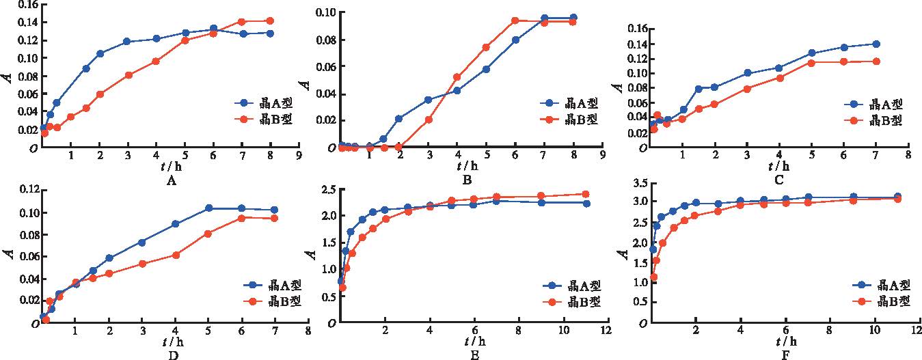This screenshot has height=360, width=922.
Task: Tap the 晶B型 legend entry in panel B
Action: click(x=570, y=119)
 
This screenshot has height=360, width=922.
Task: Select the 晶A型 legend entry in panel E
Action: click(x=573, y=286)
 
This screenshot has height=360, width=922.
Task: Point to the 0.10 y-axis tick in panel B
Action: click(x=325, y=12)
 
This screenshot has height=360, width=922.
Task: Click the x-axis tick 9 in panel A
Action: click(x=299, y=155)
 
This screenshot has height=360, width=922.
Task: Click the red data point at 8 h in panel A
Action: click(x=270, y=21)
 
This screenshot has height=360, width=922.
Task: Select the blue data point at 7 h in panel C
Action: click(x=876, y=44)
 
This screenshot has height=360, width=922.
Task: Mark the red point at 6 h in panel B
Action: click(x=515, y=20)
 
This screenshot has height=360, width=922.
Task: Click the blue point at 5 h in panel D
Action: click(x=208, y=208)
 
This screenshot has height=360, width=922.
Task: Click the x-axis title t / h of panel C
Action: click(x=778, y=166)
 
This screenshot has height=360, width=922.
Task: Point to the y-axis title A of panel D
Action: click(x=8, y=254)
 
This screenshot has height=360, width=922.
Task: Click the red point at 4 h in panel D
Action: click(x=176, y=255)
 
